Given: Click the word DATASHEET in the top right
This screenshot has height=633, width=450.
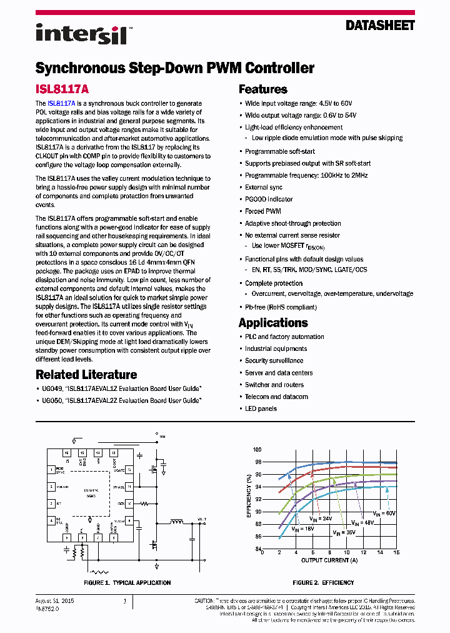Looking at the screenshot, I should tap(380, 26).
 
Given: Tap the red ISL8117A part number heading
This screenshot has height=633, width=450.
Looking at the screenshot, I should tap(62, 89).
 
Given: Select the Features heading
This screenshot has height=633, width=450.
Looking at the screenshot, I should tap(262, 89).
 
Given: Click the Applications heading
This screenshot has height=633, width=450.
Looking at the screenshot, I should tap(273, 323).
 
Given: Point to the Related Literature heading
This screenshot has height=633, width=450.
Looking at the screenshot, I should tap(86, 375).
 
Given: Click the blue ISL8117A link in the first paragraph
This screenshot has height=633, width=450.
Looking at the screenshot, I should tap(61, 103).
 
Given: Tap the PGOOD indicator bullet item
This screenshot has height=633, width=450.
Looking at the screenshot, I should tap(269, 200).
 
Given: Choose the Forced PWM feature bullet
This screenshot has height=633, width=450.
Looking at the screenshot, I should tap(262, 211).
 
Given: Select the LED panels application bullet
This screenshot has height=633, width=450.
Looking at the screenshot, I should tap(261, 408).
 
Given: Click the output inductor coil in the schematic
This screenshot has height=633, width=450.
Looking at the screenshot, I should tap(177, 522).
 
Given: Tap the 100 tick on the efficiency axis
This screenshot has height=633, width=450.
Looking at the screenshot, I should tap(257, 450).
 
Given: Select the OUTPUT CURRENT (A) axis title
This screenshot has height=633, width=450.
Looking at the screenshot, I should tap(329, 560).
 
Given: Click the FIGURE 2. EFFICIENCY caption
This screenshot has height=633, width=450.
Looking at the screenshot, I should tap(323, 582).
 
